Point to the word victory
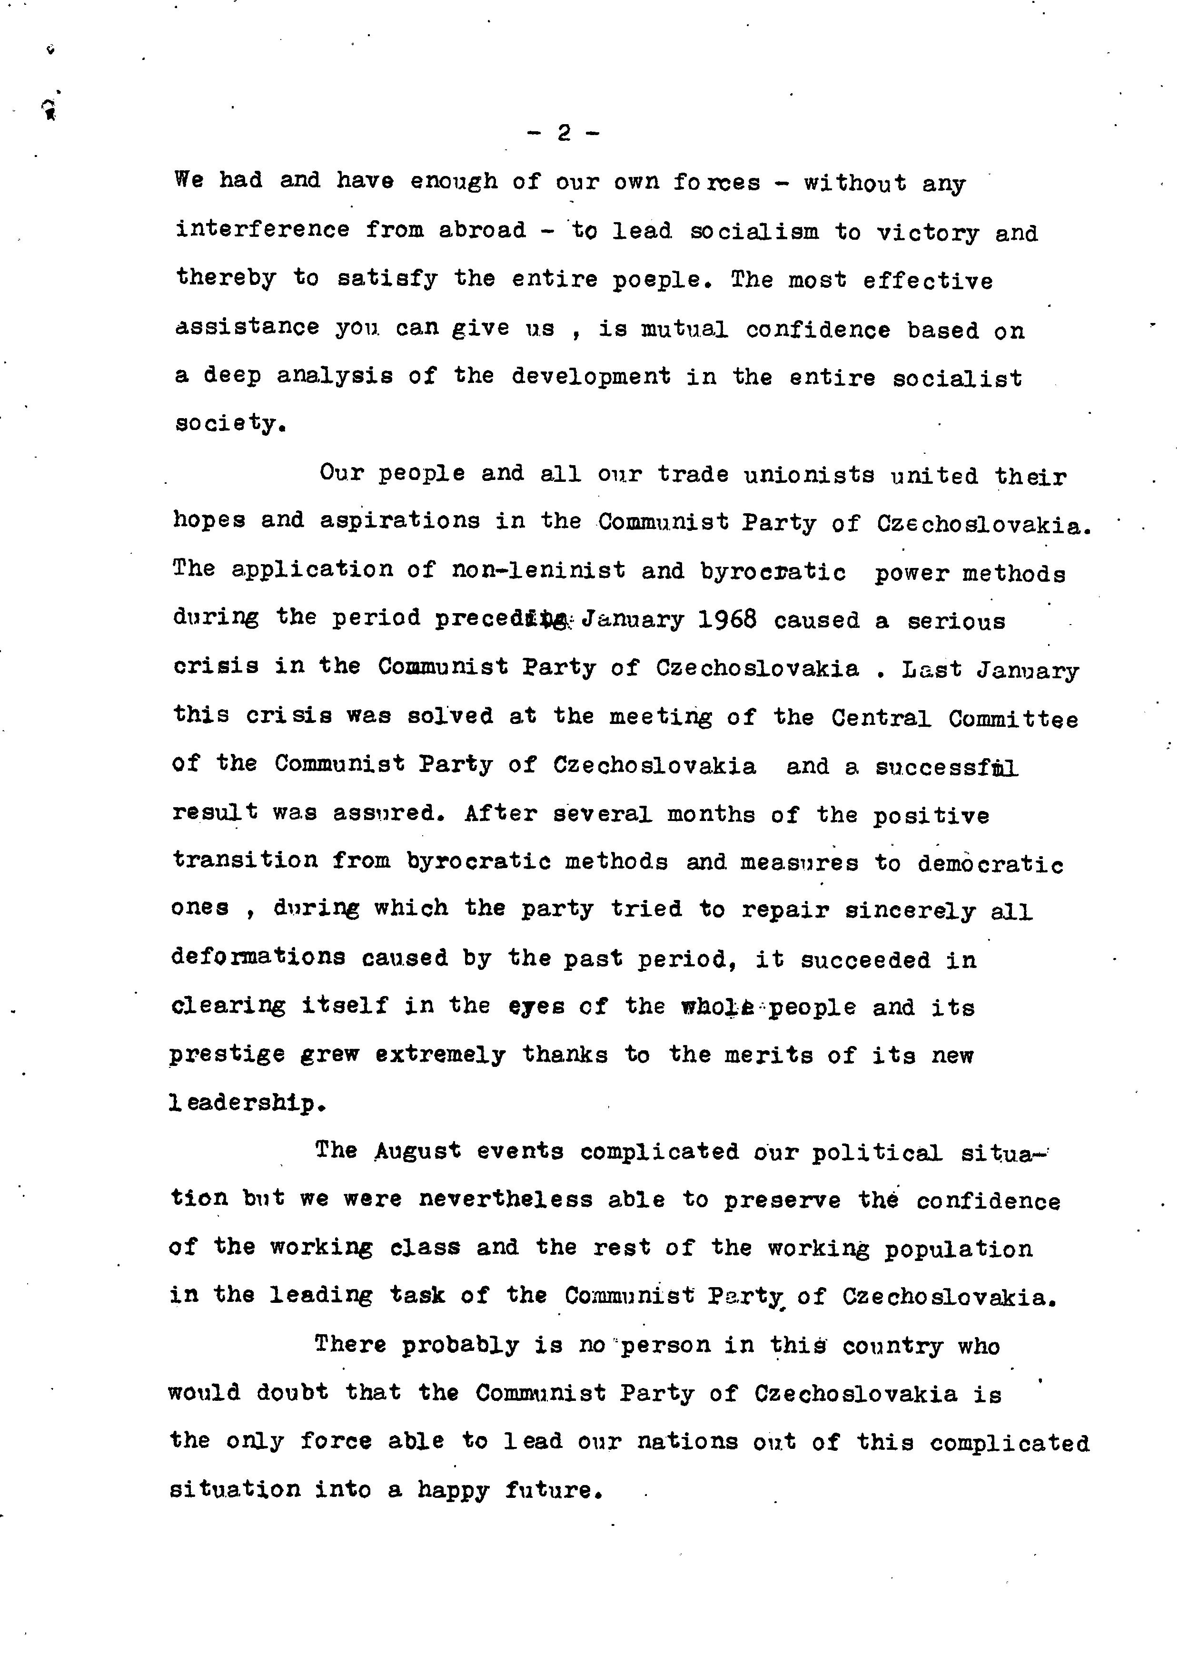point(928,233)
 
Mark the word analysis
point(334,376)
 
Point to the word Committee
point(1013,719)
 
